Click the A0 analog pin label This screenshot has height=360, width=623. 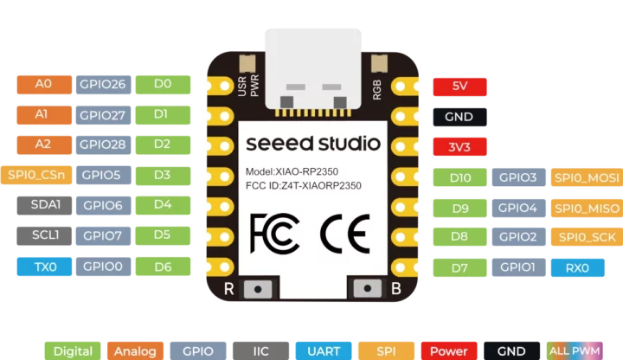click(43, 84)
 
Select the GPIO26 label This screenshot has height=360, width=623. click(103, 84)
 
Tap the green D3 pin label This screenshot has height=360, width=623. click(162, 174)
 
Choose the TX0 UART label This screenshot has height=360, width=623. click(44, 267)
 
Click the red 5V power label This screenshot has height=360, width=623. click(459, 87)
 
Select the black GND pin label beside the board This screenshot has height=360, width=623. click(459, 117)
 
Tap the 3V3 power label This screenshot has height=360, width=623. click(459, 146)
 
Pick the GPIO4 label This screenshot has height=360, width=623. click(518, 208)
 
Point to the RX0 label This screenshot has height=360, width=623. click(577, 268)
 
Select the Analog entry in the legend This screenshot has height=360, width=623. click(134, 350)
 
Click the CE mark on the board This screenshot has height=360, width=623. click(344, 231)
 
